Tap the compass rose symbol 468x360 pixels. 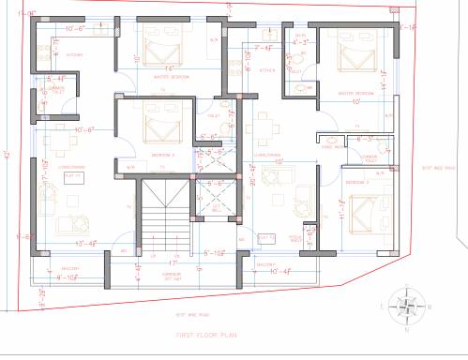tap(406, 305)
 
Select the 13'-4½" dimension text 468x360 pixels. tap(87, 244)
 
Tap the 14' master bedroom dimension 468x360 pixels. tap(169, 68)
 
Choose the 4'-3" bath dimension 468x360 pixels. tap(300, 42)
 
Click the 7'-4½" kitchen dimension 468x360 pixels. tap(263, 48)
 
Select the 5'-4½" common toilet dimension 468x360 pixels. tap(55, 79)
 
